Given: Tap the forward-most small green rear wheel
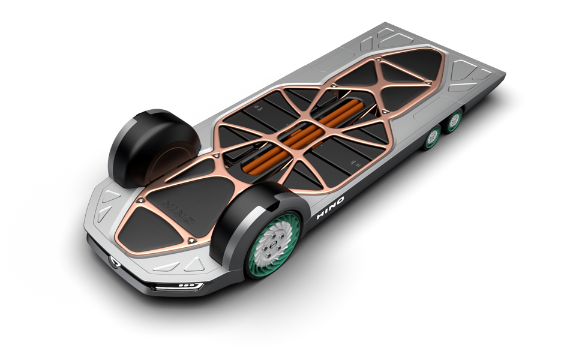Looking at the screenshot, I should click(x=434, y=138).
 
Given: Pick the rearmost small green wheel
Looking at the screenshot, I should click(x=456, y=118).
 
